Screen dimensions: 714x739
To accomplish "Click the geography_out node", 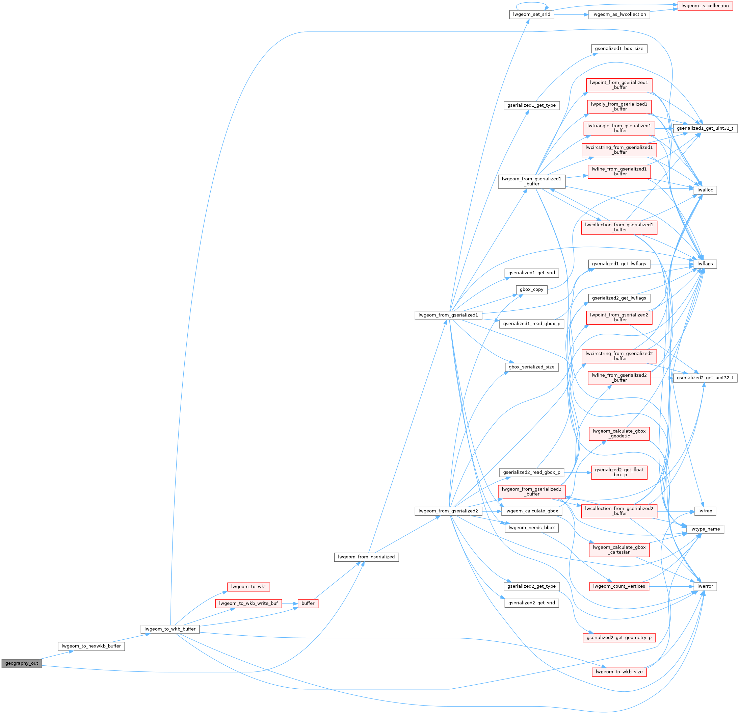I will (22, 663).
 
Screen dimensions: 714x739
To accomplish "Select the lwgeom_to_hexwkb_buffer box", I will (91, 646).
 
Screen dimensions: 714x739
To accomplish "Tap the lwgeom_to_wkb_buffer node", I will (170, 629).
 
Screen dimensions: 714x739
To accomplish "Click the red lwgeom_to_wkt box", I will (248, 587).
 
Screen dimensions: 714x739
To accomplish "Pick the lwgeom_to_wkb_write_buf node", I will (248, 604).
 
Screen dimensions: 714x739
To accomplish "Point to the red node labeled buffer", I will (308, 604).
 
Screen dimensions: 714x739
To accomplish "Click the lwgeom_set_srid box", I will (531, 14).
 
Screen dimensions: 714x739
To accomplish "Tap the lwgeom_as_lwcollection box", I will (619, 14).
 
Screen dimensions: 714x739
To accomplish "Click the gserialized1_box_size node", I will (619, 49).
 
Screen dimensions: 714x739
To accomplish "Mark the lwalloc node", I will (705, 190).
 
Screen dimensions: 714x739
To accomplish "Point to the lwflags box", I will (705, 264).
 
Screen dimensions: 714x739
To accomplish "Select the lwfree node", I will (705, 511).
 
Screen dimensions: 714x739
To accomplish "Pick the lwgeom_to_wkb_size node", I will (619, 672).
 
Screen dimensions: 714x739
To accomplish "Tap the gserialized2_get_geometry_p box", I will (619, 637).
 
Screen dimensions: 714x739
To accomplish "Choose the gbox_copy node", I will (531, 289).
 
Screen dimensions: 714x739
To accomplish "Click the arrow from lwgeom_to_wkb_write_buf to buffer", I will (290, 604).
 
